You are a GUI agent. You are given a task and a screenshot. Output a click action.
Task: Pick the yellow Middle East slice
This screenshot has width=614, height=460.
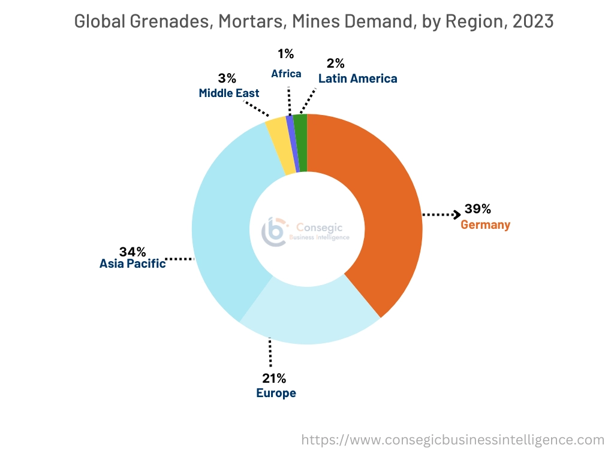pyautogui.click(x=277, y=144)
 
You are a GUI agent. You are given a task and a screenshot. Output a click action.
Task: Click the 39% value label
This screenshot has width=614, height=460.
pyautogui.click(x=478, y=209)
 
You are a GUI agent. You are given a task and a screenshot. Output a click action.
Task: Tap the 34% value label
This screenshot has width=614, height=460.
pyautogui.click(x=133, y=251)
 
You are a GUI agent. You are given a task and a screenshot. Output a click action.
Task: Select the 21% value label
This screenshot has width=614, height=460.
pyautogui.click(x=273, y=378)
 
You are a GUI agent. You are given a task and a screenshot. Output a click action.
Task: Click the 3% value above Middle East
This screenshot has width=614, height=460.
pyautogui.click(x=227, y=78)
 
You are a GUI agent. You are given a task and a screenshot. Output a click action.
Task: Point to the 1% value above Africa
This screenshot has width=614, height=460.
pyautogui.click(x=286, y=54)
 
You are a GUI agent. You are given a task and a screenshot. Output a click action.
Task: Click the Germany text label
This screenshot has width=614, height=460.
pyautogui.click(x=485, y=225)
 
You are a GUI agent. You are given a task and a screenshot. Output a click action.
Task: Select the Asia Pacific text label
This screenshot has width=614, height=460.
pyautogui.click(x=133, y=264)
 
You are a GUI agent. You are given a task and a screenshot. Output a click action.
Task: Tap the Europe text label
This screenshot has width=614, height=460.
pyautogui.click(x=276, y=394)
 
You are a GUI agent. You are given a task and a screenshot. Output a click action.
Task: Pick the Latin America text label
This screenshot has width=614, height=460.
pyautogui.click(x=357, y=78)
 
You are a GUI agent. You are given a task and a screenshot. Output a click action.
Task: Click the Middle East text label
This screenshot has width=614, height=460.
pyautogui.click(x=229, y=93)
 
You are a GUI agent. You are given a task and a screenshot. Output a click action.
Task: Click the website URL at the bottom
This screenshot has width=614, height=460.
pyautogui.click(x=452, y=440)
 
